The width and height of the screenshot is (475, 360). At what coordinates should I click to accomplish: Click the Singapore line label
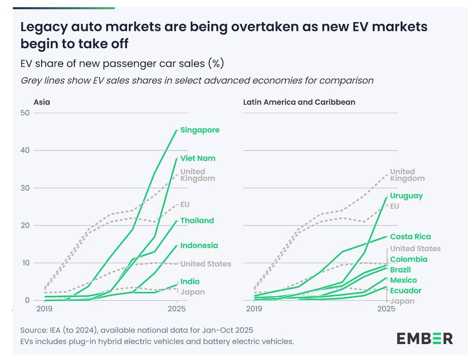click(199, 130)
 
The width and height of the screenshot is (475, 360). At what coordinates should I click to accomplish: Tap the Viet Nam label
click(198, 158)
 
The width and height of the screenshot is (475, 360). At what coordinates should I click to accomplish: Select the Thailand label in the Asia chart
click(197, 221)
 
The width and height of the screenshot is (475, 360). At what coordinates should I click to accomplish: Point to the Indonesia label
click(199, 245)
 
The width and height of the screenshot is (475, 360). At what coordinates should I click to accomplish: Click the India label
click(190, 282)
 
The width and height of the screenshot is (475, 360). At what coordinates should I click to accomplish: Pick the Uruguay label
click(406, 196)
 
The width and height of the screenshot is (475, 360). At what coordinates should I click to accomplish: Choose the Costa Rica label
click(410, 237)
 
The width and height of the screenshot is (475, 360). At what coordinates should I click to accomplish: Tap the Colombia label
click(409, 259)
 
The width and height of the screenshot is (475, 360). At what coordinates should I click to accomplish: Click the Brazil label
click(400, 270)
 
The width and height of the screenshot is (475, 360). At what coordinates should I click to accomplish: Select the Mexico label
click(403, 280)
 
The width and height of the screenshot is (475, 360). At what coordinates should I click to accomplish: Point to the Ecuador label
click(406, 291)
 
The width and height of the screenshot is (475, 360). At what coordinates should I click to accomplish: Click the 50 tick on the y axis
click(25, 113)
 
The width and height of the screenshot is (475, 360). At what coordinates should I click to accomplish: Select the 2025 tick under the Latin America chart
click(386, 308)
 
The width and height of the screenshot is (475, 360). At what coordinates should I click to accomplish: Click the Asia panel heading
click(42, 102)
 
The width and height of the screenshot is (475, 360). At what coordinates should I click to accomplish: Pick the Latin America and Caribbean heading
click(299, 102)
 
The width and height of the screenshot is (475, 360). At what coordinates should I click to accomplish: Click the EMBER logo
click(424, 339)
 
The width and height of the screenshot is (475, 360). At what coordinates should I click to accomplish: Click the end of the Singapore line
click(176, 130)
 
